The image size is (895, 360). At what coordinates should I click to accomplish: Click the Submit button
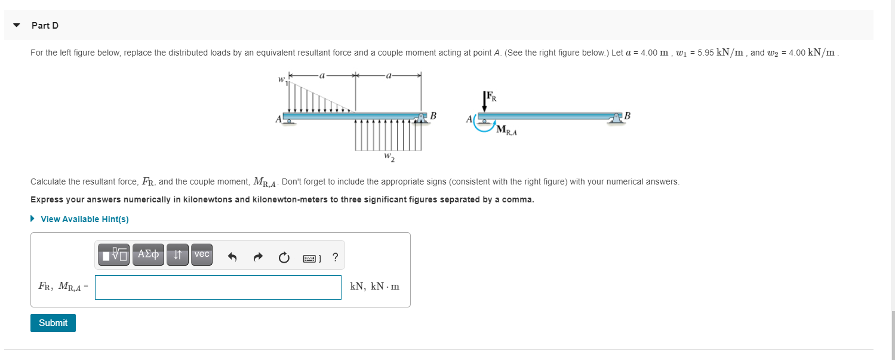(x=53, y=323)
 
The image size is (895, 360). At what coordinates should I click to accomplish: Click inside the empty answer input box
(x=218, y=287)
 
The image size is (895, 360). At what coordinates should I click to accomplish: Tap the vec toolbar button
(x=202, y=254)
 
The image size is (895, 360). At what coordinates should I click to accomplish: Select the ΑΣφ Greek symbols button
(x=148, y=254)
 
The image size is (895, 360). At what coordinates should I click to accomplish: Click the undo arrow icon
(x=233, y=257)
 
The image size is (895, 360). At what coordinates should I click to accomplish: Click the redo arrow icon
(x=258, y=257)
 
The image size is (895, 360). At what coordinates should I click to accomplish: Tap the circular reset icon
(x=284, y=257)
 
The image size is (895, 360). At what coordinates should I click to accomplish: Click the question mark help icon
(x=335, y=257)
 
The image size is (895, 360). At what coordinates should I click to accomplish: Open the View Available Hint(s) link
(x=84, y=219)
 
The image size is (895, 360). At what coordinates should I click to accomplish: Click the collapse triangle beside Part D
(x=17, y=26)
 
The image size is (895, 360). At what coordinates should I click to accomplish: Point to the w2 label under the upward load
(x=389, y=158)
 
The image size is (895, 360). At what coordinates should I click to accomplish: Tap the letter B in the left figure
(x=433, y=115)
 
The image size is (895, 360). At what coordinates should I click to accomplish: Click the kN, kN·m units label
(x=374, y=287)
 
